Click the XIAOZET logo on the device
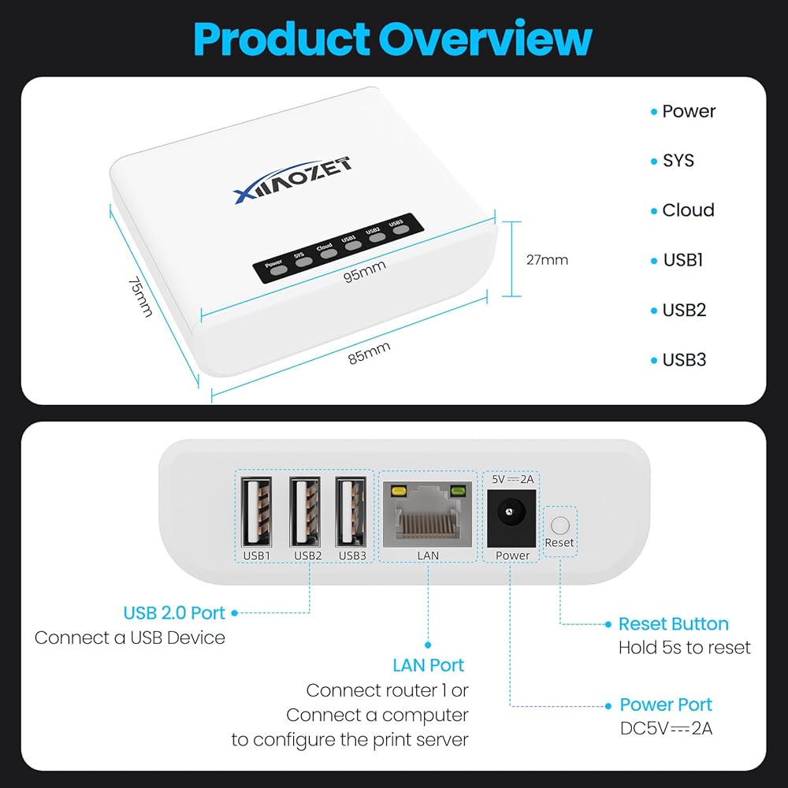click(293, 180)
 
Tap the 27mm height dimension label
click(547, 260)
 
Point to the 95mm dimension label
click(365, 271)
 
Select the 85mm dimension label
click(370, 353)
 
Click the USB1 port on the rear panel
click(256, 512)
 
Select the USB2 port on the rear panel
click(304, 512)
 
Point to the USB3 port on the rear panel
click(351, 512)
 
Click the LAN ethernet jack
click(427, 514)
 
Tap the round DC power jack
click(511, 513)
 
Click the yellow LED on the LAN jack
click(399, 489)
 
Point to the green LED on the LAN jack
click(457, 489)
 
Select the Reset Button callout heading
click(674, 623)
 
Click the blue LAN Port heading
click(428, 665)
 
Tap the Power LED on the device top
click(278, 269)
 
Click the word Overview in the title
click(485, 39)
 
